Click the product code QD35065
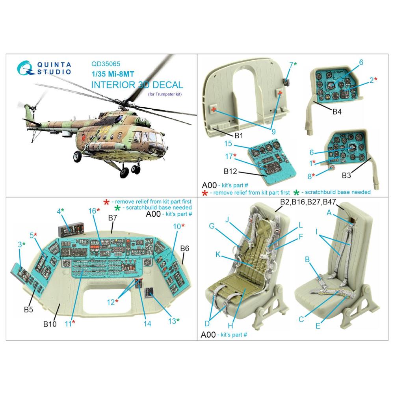coord(106,64)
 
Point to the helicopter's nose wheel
coord(77,156)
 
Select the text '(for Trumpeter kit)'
coord(165,94)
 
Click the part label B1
coord(238,136)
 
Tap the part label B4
coord(337,112)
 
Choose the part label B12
coord(230,171)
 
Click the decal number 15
coord(228,144)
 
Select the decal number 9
coord(273,132)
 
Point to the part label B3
coord(346,175)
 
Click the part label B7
coord(113,218)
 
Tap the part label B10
coord(50,324)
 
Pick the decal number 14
coord(147,323)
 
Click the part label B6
coord(185,249)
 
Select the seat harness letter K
coord(218,255)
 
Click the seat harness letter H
coord(230,326)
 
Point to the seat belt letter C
coord(301,320)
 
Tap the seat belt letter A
coord(329,213)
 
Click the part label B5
coord(28,310)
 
